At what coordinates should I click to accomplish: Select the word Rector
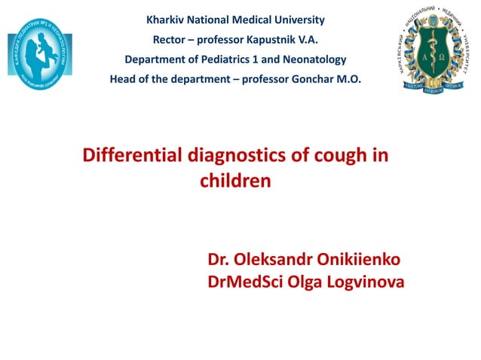[x=171, y=39]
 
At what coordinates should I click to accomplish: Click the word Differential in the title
[x=131, y=157]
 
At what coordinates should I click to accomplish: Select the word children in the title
[x=235, y=182]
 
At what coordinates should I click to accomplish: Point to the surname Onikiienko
[x=364, y=261]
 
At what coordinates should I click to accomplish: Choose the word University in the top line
[x=299, y=20]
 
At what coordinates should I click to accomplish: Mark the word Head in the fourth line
[x=123, y=78]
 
